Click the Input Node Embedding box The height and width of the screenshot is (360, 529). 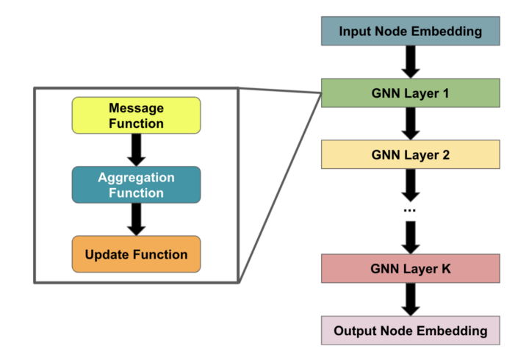pos(410,32)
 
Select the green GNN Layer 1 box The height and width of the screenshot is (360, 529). pos(410,93)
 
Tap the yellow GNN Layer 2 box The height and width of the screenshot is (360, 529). pos(410,154)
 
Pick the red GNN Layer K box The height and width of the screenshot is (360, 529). pos(410,269)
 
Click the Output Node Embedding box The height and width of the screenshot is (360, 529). pos(410,331)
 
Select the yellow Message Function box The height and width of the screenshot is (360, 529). pos(135,115)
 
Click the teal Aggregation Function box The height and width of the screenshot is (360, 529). pos(135,185)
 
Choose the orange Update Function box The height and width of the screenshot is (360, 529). pos(135,254)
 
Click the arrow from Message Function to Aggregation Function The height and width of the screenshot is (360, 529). pos(135,150)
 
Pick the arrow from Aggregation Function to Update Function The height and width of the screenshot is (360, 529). pos(135,219)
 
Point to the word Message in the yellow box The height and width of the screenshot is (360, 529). pos(135,108)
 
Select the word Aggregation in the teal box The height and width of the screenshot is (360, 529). pos(136,178)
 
